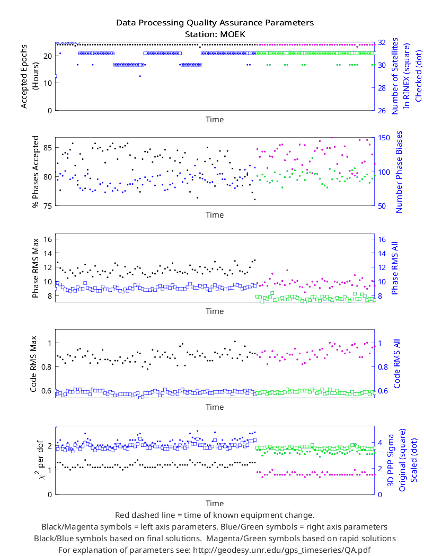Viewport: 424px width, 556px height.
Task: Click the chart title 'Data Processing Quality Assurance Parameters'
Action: point(215,23)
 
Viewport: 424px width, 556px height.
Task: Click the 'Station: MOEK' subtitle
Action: point(215,34)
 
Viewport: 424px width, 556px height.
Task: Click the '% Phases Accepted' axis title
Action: point(35,172)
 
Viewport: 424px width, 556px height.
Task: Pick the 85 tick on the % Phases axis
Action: point(48,148)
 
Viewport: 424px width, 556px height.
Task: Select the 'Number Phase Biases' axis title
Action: point(399,172)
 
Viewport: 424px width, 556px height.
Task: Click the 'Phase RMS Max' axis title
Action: point(35,268)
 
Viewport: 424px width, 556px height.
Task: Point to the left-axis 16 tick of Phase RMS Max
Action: point(48,239)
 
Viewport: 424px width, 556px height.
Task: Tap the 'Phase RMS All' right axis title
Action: point(394,268)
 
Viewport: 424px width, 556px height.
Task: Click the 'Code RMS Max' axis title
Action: point(33,364)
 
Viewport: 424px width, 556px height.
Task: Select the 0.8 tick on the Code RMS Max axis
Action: point(47,367)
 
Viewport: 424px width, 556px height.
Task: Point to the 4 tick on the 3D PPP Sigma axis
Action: point(380,443)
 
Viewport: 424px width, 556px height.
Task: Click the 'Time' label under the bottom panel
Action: point(215,504)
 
